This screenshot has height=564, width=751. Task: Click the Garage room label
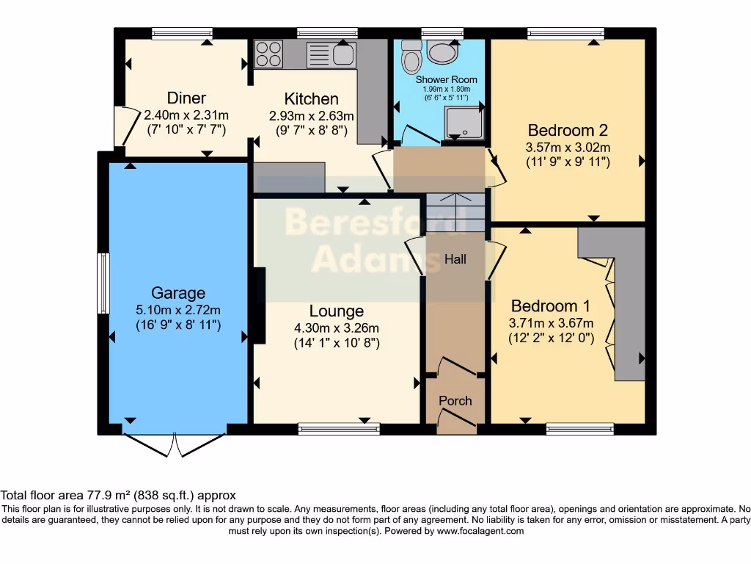(178, 293)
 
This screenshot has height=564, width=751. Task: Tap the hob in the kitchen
(268, 54)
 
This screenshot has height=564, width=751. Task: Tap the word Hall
(455, 259)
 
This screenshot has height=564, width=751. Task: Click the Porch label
(455, 400)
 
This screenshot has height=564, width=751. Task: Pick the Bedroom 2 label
(568, 131)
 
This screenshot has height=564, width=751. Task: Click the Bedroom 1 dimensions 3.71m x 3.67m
(551, 323)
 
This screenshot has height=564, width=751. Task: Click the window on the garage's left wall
(103, 283)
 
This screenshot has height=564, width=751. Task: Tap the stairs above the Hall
(455, 213)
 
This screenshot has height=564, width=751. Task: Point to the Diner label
(186, 98)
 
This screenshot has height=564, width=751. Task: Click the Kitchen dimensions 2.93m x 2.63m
(312, 116)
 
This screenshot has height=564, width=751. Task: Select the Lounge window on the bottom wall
(338, 429)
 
